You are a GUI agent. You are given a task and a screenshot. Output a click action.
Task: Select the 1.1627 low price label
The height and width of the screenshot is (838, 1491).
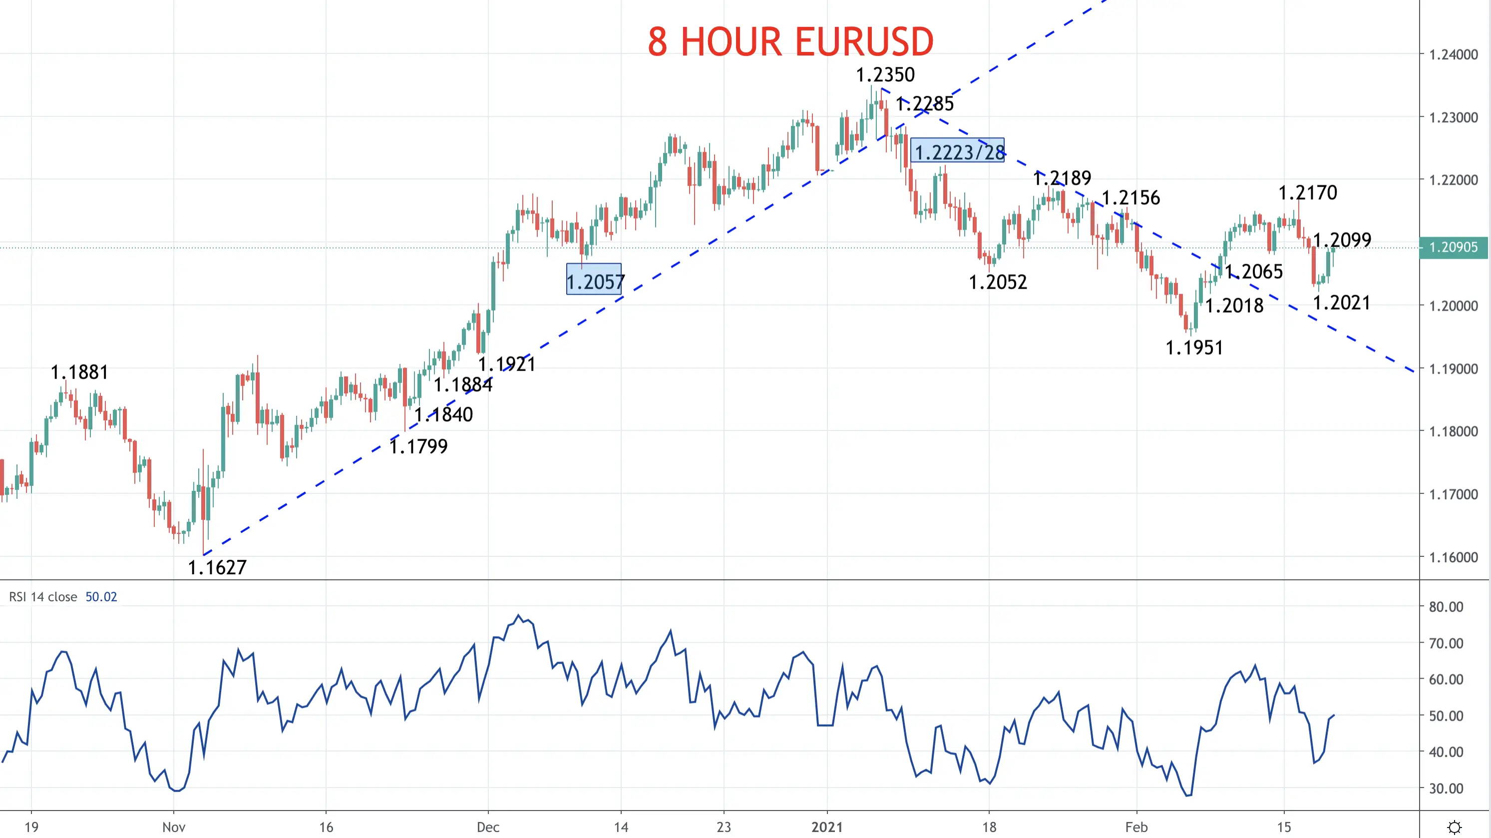(217, 567)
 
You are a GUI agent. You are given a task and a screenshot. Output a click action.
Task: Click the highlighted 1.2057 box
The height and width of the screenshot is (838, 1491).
(594, 280)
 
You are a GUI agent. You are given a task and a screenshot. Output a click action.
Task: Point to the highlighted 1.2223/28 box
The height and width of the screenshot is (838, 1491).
(957, 150)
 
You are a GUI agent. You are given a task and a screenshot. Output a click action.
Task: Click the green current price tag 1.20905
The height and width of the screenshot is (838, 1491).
(1454, 247)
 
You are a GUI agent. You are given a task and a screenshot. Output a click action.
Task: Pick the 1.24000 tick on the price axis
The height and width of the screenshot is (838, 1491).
(1454, 54)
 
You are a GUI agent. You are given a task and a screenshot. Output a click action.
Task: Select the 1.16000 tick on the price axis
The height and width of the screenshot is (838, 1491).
(1454, 557)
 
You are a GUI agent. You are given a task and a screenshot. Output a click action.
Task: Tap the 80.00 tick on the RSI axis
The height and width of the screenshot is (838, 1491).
(1446, 606)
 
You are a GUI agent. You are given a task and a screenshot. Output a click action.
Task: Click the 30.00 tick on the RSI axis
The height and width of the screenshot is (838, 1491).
(1446, 788)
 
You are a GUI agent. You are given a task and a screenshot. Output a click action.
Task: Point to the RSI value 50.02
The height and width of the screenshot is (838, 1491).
(101, 597)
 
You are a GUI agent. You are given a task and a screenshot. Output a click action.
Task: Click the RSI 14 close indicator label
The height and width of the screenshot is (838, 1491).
(43, 597)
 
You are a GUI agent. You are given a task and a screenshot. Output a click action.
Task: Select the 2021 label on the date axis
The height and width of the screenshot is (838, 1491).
(827, 827)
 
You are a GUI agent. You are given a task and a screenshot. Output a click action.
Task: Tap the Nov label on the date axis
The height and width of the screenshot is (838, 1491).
(174, 827)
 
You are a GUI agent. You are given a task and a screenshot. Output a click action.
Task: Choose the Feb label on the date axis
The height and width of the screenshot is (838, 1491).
(1136, 827)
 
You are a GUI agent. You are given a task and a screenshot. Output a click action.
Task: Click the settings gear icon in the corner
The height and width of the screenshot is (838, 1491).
(1455, 827)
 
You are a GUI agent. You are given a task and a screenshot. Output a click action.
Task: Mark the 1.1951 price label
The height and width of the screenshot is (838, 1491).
(1194, 348)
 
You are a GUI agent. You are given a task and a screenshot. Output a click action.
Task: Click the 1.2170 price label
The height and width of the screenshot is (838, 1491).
(1308, 193)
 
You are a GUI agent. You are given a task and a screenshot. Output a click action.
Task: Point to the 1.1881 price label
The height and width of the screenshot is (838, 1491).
(79, 372)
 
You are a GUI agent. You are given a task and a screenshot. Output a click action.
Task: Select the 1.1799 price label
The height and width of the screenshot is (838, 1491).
(418, 446)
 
